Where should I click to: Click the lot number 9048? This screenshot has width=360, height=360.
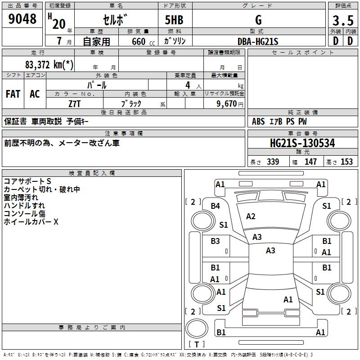(22, 19)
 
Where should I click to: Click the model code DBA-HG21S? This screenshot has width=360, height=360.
(258, 41)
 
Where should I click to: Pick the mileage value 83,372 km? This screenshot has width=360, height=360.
(49, 64)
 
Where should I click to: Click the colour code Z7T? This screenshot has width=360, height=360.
(75, 103)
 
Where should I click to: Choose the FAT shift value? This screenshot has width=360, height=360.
(13, 94)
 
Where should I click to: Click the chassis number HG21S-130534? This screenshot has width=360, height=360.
(302, 144)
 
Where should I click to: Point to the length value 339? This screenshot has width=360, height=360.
(272, 162)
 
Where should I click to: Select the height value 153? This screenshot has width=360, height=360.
(346, 162)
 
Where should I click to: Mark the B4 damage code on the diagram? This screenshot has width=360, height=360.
(216, 206)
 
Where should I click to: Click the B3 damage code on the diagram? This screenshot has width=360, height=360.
(216, 241)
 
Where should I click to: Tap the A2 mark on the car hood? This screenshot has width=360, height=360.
(251, 216)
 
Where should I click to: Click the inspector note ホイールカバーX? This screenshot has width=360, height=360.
(31, 222)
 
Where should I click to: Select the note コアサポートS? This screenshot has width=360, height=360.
(27, 181)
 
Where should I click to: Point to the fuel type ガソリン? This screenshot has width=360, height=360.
(175, 41)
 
